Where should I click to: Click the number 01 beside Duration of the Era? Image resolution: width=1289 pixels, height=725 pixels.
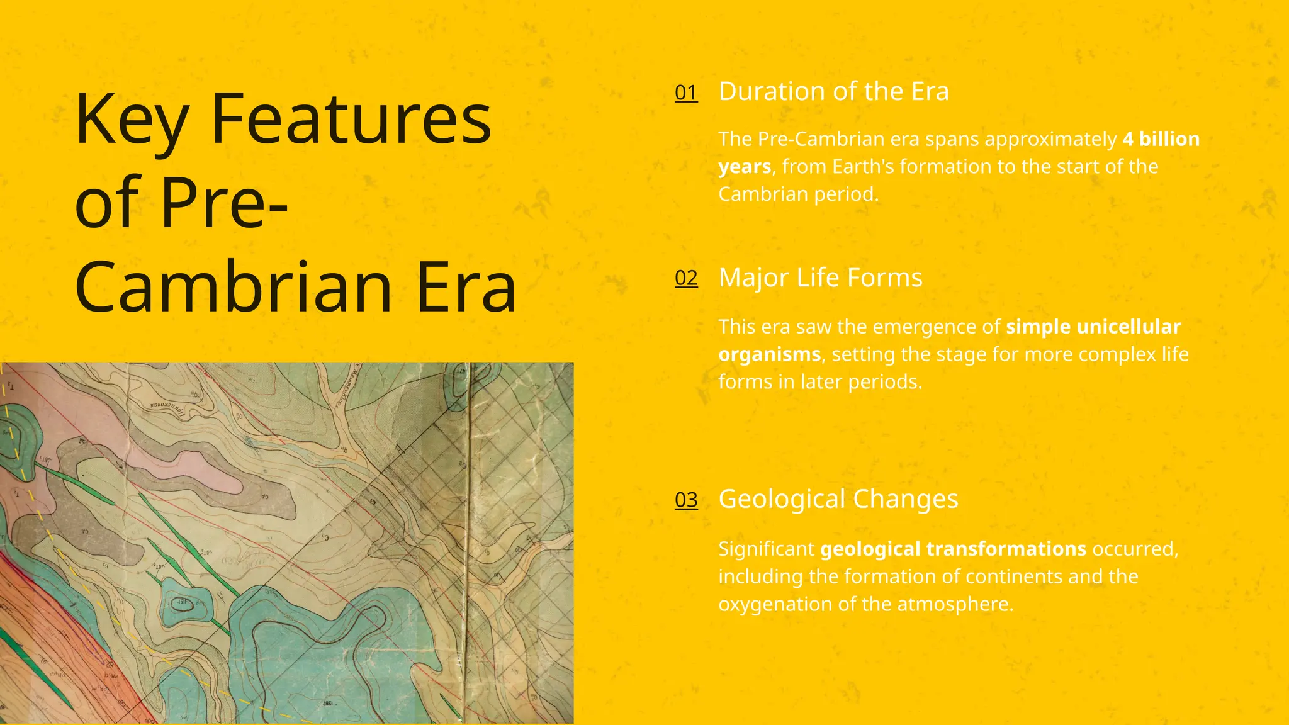pyautogui.click(x=686, y=93)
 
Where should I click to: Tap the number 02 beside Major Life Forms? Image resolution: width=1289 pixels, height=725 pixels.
pyautogui.click(x=686, y=278)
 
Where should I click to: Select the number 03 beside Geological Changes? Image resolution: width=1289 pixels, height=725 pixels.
pyautogui.click(x=686, y=500)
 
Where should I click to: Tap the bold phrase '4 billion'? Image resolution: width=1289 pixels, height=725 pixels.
pyautogui.click(x=1161, y=139)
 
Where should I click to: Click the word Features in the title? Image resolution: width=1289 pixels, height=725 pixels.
pyautogui.click(x=351, y=120)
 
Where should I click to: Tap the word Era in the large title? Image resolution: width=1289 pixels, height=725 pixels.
pyautogui.click(x=466, y=288)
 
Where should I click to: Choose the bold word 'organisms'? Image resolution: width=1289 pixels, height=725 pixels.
pyautogui.click(x=770, y=354)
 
